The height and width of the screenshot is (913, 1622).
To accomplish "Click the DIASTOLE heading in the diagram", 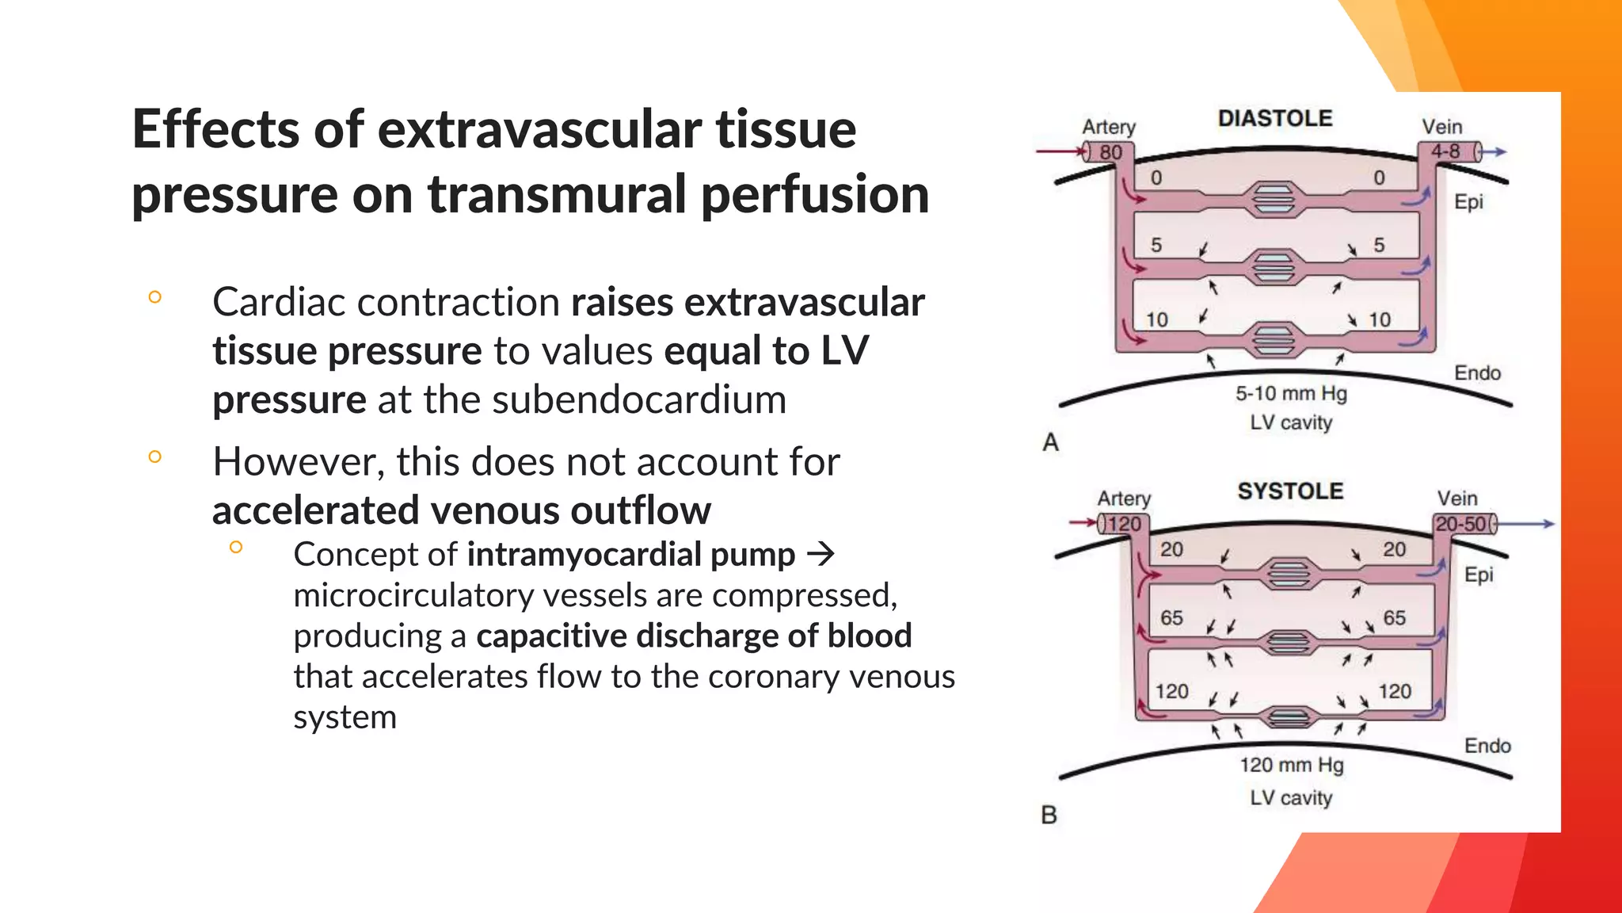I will [x=1274, y=119].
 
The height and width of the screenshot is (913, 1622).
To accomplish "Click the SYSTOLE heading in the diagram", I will [x=1290, y=491].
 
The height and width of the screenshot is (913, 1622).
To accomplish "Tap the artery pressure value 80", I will [x=1110, y=152].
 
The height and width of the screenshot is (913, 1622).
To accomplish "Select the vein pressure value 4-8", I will [x=1445, y=151].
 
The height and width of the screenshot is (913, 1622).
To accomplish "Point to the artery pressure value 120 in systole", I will [x=1124, y=524].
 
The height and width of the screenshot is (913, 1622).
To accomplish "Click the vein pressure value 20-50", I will [x=1461, y=524].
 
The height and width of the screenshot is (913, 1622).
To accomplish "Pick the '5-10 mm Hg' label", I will [x=1291, y=393].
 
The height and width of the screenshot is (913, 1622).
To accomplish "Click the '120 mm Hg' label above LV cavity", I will [x=1291, y=765].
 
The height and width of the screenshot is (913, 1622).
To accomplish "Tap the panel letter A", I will [x=1051, y=441].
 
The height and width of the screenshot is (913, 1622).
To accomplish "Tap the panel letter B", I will [x=1049, y=815].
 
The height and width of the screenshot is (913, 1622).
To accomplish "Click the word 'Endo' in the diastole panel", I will [x=1477, y=372].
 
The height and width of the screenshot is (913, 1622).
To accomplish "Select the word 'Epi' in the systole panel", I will [x=1479, y=574].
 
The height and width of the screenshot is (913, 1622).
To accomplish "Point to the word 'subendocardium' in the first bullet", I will [x=639, y=399].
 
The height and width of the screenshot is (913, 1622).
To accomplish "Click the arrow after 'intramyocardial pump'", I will [x=821, y=554].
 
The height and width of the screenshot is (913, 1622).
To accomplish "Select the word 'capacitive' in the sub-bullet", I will [x=549, y=636].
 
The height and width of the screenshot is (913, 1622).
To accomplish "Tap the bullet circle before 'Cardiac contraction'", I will [x=155, y=297].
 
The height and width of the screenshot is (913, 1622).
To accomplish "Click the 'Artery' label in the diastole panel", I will [x=1109, y=127].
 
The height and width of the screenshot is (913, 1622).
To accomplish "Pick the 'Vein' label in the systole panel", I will [x=1457, y=499].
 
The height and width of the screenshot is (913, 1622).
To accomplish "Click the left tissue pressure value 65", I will [x=1171, y=617].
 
